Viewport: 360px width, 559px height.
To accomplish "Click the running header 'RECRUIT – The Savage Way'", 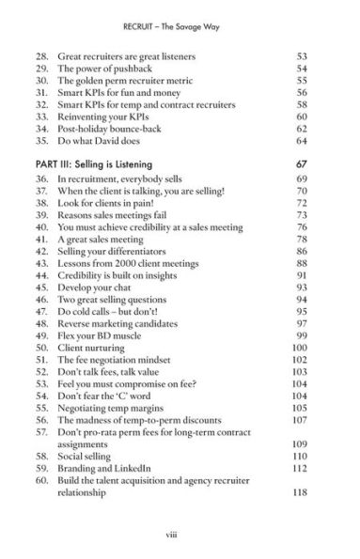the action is tap(180, 17).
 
